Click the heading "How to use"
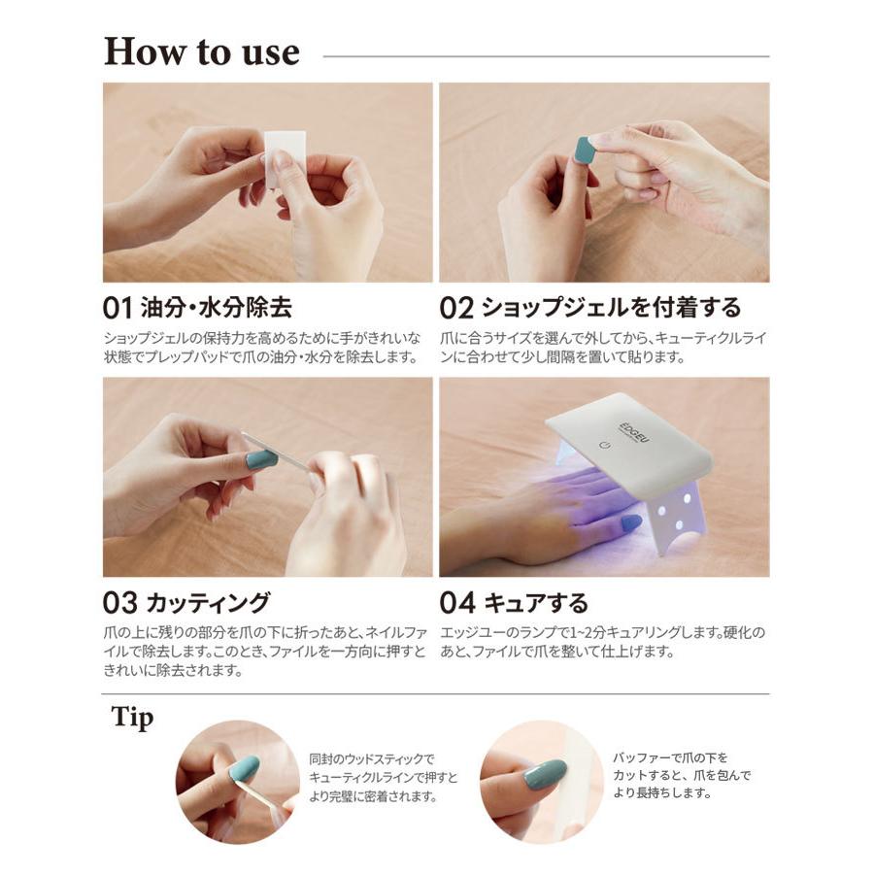pyautogui.click(x=202, y=51)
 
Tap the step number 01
pyautogui.click(x=118, y=308)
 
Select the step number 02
pyautogui.click(x=456, y=308)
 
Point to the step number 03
pyautogui.click(x=119, y=603)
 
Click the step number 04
pyautogui.click(x=457, y=603)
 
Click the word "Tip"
pyautogui.click(x=132, y=718)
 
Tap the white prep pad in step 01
pyautogui.click(x=285, y=157)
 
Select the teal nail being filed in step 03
pyautogui.click(x=261, y=459)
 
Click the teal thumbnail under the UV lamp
pyautogui.click(x=630, y=522)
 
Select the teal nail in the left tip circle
pyautogui.click(x=245, y=767)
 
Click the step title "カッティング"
pyautogui.click(x=209, y=603)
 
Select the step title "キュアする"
pyautogui.click(x=536, y=603)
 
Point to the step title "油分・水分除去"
pyautogui.click(x=217, y=308)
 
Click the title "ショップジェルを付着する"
pyautogui.click(x=611, y=308)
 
